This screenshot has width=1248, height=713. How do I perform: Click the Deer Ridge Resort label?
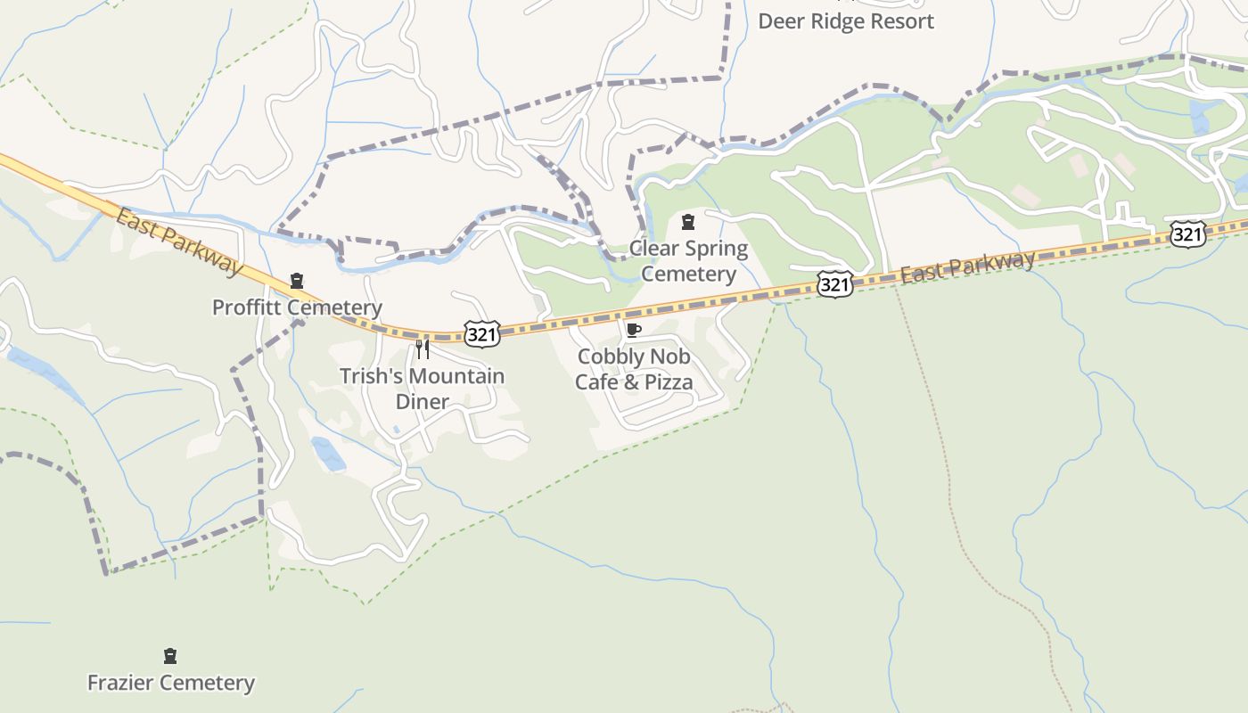(x=845, y=21)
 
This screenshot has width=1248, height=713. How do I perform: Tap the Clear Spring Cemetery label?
(x=688, y=260)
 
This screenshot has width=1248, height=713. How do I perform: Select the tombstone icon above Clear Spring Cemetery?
(x=688, y=221)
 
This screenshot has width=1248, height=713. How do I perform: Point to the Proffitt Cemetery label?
(x=297, y=307)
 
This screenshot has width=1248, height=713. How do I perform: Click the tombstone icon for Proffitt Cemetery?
(x=297, y=282)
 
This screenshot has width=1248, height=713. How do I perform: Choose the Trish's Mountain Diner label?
(x=422, y=389)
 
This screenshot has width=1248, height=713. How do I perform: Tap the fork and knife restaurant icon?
(x=423, y=348)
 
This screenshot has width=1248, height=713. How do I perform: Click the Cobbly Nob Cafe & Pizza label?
(x=634, y=369)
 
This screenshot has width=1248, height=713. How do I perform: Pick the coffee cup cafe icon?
(x=633, y=331)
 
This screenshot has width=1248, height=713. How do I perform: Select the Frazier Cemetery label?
(x=170, y=683)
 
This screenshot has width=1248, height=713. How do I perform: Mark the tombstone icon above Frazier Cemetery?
(x=170, y=657)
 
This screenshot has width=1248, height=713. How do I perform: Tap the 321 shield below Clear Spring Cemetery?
(x=833, y=284)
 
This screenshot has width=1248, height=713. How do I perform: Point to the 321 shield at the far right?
(x=1187, y=234)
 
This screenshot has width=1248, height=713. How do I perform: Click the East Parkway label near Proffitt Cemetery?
(x=178, y=242)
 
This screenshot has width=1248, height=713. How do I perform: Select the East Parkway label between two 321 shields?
(x=967, y=266)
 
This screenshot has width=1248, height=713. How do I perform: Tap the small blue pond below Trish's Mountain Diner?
(x=328, y=454)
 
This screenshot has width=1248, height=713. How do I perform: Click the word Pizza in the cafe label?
(x=669, y=382)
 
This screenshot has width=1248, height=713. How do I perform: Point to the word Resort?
(x=896, y=21)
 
